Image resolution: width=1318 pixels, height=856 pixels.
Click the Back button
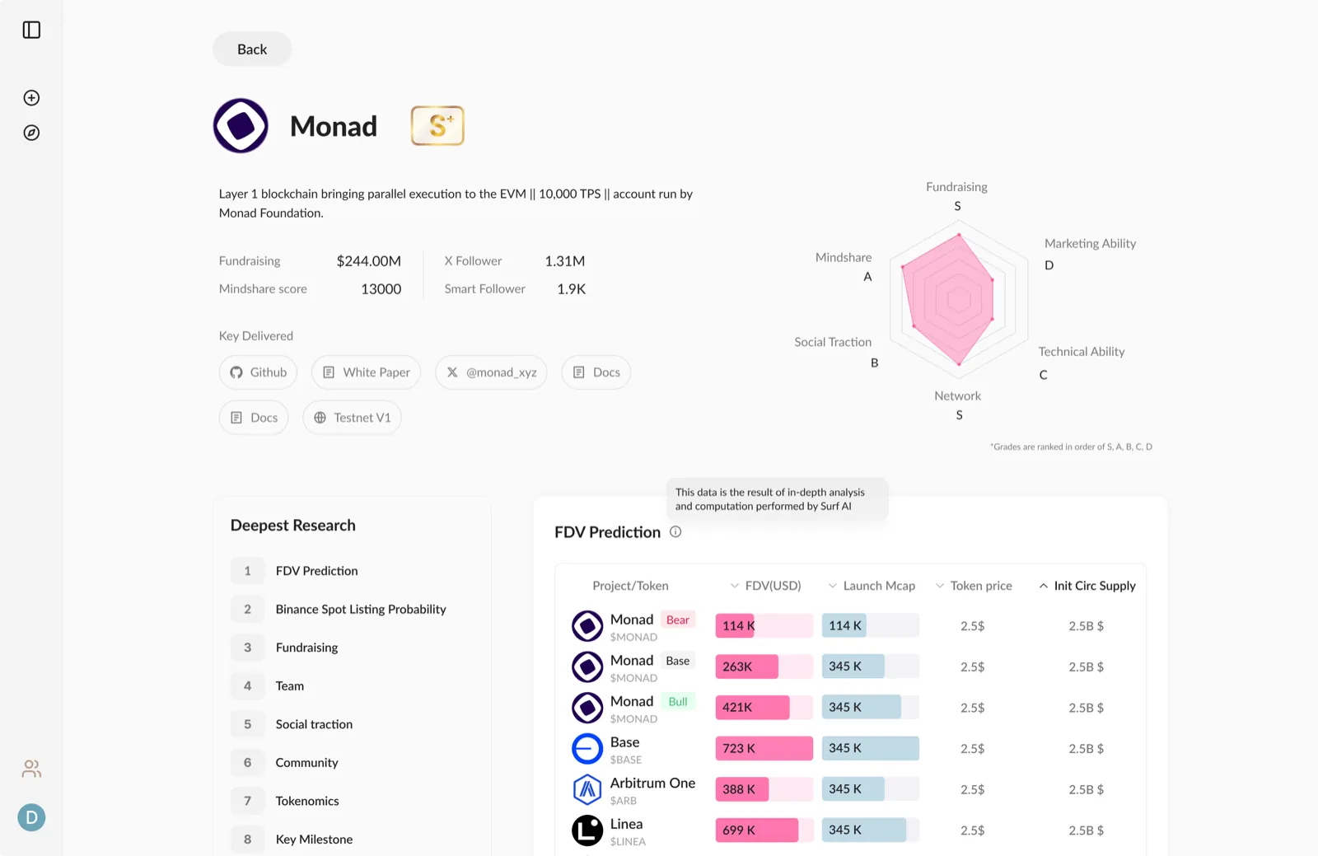coord(252,49)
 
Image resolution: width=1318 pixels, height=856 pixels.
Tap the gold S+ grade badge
coord(437,125)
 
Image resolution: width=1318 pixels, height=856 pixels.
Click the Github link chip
coord(258,372)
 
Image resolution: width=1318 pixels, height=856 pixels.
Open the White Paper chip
coord(366,372)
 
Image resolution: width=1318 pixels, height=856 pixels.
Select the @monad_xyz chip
coord(491,372)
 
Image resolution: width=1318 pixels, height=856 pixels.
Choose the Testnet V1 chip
coord(352,417)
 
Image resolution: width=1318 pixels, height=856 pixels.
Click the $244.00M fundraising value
coord(369,260)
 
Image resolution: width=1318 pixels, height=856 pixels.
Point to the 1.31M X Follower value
coord(565,260)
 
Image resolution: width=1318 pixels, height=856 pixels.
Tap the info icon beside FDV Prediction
coord(675,532)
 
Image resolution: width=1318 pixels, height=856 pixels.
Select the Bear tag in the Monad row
coord(678,620)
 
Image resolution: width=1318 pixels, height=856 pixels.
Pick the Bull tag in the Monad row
coord(678,701)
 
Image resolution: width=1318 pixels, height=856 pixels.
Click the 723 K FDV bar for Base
coord(764,748)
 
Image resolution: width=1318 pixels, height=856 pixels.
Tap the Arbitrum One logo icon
coord(587,789)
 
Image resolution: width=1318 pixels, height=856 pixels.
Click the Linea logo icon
coord(587,830)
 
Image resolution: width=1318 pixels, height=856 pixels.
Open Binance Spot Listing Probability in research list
coord(361,609)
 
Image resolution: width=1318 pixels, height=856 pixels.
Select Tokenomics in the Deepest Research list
coord(307,801)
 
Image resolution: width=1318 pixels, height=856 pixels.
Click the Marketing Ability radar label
coord(1091,243)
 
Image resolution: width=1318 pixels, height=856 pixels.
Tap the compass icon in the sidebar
coord(32,133)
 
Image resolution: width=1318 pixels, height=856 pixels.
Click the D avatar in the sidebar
coord(32,817)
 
